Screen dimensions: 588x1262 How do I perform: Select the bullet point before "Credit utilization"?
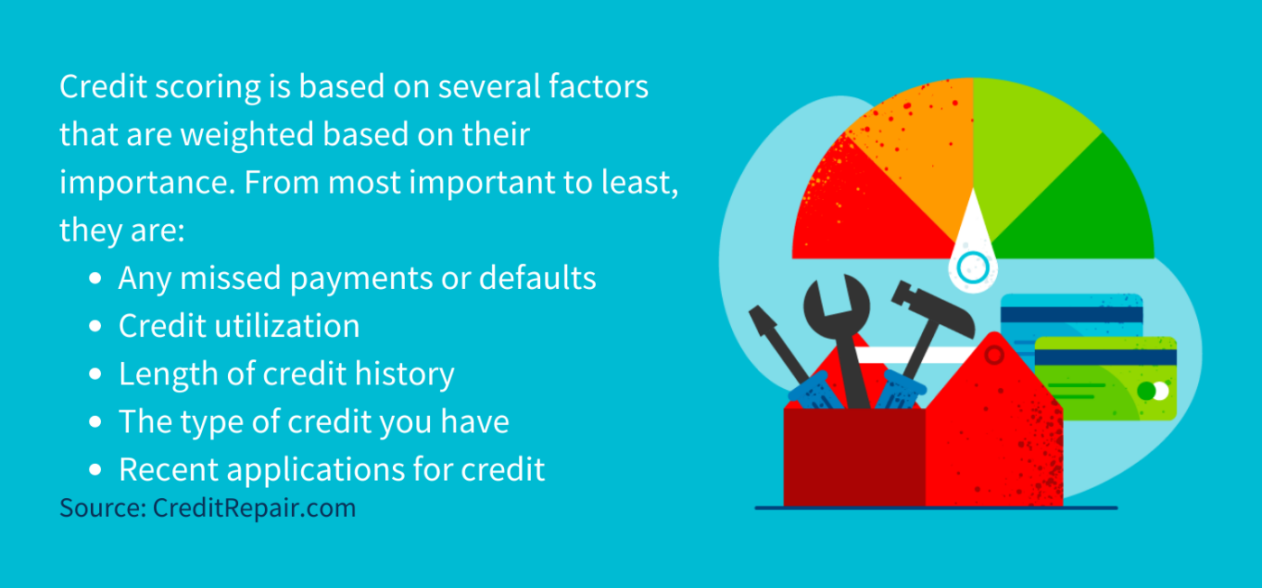point(96,327)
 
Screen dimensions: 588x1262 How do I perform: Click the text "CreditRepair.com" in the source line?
point(254,508)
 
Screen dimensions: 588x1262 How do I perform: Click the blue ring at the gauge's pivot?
point(973,266)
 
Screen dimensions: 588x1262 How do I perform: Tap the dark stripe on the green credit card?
point(1105,357)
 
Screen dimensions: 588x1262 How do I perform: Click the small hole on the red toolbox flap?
point(994,356)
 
